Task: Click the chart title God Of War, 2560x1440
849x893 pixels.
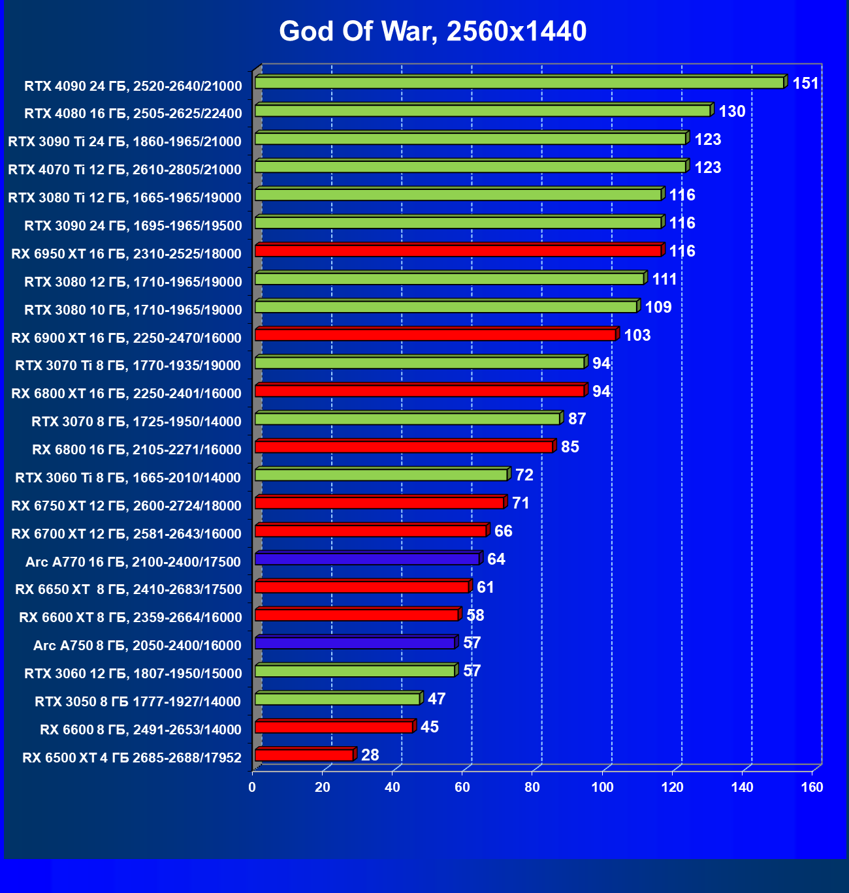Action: coord(432,31)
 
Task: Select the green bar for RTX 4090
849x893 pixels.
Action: coord(519,83)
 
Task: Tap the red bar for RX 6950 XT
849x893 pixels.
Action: coord(458,251)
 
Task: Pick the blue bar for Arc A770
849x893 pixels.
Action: coord(367,559)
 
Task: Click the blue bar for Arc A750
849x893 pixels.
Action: coord(355,643)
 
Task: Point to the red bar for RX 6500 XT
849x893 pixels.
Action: coord(304,755)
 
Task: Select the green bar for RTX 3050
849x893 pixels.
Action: coord(337,699)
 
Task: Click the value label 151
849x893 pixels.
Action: coord(805,84)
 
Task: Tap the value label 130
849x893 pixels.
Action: coord(731,112)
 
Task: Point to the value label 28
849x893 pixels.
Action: coord(370,755)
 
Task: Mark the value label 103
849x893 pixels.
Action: coord(637,336)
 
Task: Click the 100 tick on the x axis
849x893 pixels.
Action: coord(602,787)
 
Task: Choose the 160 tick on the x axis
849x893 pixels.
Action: coord(812,787)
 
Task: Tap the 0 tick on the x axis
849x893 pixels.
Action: coord(253,787)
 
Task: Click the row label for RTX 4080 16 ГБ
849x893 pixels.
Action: coord(133,114)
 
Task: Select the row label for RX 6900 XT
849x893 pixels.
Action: coord(127,338)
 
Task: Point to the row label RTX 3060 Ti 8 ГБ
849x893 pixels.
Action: coord(129,478)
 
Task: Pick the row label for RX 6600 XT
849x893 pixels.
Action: coord(131,618)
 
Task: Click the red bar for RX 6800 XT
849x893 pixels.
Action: coord(419,391)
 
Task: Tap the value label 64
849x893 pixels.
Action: coord(496,559)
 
